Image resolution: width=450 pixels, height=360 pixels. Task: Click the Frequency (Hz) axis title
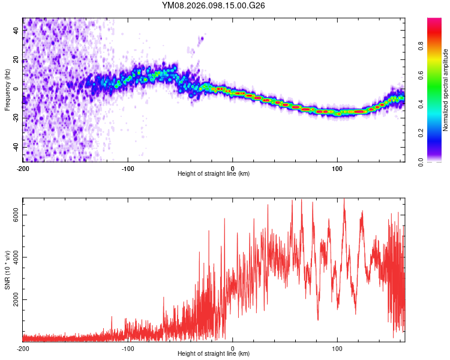[7, 90]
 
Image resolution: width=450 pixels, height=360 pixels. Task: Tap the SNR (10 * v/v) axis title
[7, 269]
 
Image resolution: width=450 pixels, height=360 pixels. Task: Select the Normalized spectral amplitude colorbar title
[446, 90]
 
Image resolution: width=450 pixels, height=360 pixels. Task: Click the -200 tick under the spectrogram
[23, 168]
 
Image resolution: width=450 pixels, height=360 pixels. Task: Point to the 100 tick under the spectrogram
[337, 168]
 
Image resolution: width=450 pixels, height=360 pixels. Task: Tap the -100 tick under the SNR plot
[128, 348]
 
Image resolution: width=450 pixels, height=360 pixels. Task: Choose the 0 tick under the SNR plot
[233, 348]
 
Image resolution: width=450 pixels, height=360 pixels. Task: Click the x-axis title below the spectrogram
[214, 174]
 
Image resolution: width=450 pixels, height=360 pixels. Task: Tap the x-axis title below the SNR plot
[214, 354]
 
